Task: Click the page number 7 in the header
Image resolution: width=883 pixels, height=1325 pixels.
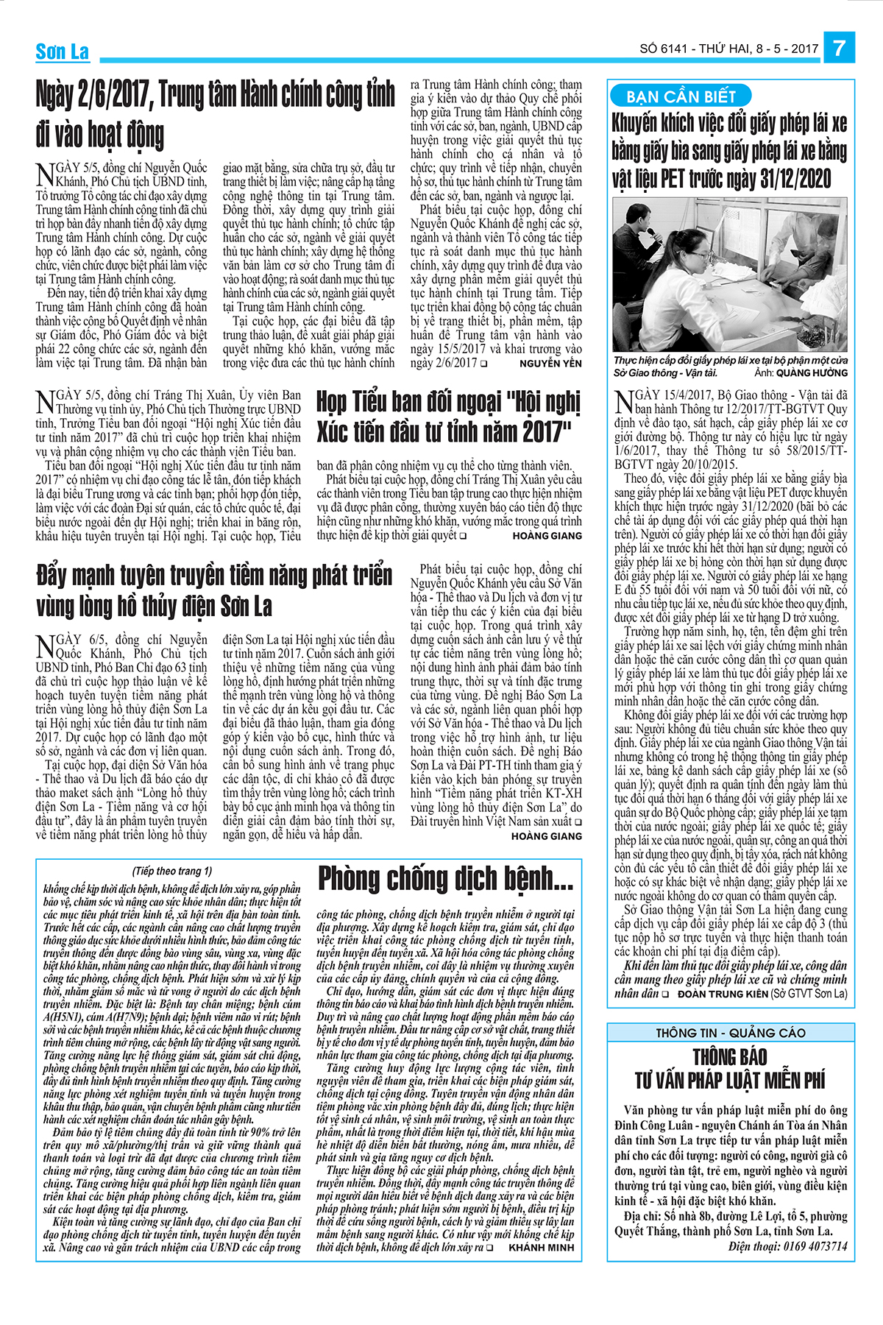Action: pyautogui.click(x=840, y=49)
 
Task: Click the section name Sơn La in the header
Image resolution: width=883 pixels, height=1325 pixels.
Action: pyautogui.click(x=63, y=52)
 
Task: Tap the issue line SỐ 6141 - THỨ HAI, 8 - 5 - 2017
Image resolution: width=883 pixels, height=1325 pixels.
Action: pyautogui.click(x=729, y=49)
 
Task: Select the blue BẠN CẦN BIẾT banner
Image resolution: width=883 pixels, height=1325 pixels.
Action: pyautogui.click(x=681, y=96)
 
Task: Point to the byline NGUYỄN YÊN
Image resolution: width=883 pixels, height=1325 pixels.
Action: pyautogui.click(x=550, y=364)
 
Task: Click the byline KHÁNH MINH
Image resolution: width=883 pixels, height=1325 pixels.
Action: pyautogui.click(x=541, y=1248)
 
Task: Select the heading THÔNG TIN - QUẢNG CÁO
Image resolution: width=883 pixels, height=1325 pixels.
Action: pyautogui.click(x=730, y=1033)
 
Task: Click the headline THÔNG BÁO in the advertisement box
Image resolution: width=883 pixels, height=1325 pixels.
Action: pyautogui.click(x=730, y=1057)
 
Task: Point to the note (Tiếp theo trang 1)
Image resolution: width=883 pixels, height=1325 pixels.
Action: pyautogui.click(x=172, y=871)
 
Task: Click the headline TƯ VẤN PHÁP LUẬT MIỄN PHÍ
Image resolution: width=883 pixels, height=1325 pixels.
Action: pyautogui.click(x=730, y=1081)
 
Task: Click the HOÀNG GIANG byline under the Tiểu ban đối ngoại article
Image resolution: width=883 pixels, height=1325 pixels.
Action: pyautogui.click(x=547, y=536)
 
